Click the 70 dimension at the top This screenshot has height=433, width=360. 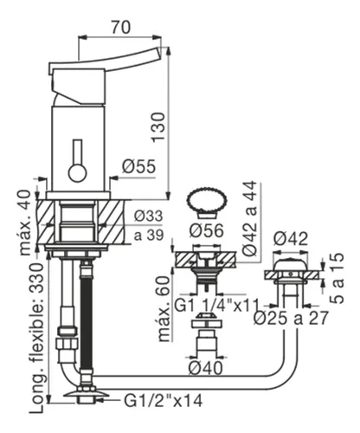(x=121, y=27)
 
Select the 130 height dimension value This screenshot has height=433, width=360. (x=158, y=127)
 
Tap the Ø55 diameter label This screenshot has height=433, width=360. (x=138, y=166)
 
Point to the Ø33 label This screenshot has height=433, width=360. (x=148, y=216)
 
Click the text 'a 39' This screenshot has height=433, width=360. (x=149, y=235)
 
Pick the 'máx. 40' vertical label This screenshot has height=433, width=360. (x=25, y=223)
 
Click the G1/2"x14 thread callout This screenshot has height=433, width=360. (x=164, y=401)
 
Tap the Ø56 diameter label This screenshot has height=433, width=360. (x=206, y=230)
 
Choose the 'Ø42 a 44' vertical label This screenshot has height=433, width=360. (x=249, y=218)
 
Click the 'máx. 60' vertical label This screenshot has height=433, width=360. (x=165, y=308)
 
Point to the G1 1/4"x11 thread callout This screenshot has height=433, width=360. (x=217, y=306)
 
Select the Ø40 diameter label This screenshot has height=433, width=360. (x=206, y=368)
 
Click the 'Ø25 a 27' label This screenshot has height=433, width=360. (x=291, y=318)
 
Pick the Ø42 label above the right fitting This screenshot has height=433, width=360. (x=291, y=239)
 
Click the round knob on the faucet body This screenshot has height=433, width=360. (x=78, y=173)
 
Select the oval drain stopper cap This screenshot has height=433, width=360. (x=207, y=200)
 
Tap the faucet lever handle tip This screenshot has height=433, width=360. (x=158, y=54)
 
